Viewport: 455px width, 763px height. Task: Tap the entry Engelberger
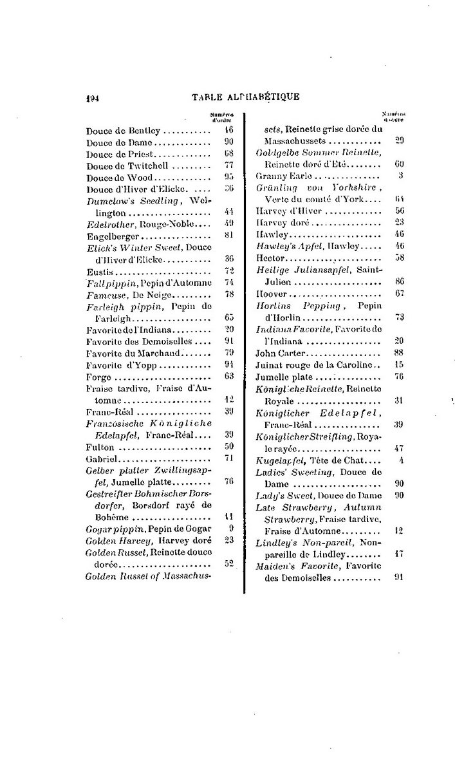(109, 236)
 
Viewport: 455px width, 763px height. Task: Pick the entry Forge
(98, 376)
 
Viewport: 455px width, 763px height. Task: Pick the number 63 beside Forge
(228, 376)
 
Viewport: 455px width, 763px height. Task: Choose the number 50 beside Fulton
(228, 446)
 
